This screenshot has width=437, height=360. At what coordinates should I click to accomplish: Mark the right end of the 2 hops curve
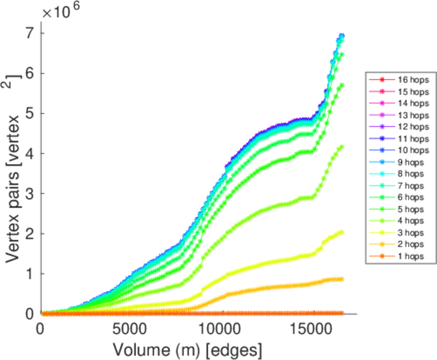coord(342,279)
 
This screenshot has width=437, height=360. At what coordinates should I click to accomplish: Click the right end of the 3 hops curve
coord(342,232)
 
